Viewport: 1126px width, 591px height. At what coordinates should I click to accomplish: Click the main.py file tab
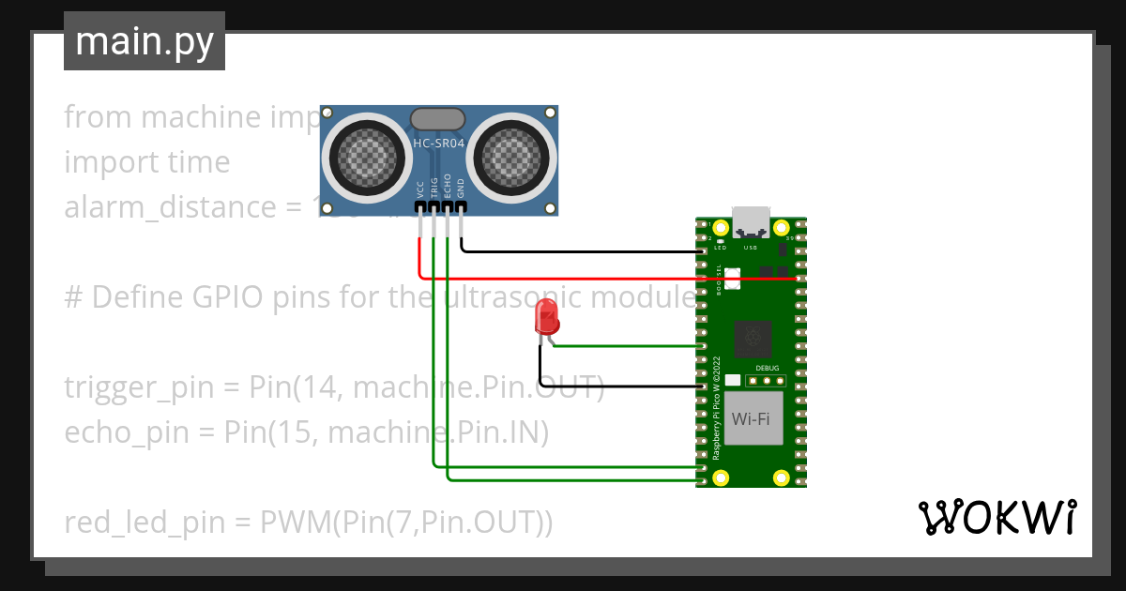145,41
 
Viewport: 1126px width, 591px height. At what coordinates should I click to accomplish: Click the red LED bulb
546,318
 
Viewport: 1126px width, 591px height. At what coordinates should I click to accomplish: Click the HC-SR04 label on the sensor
439,144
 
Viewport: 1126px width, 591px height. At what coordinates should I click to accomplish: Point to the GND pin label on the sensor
461,187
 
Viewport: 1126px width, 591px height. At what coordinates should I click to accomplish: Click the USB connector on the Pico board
751,221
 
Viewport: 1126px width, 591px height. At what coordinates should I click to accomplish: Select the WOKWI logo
997,517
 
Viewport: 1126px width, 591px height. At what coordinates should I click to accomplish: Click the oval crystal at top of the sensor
438,118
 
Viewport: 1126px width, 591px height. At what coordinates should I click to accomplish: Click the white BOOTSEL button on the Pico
732,278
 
